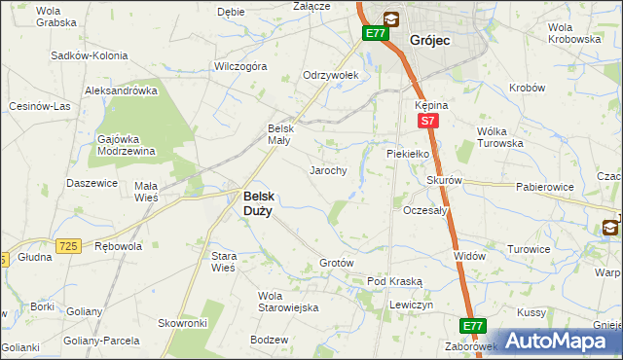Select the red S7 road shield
(426, 122)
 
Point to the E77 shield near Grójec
(376, 34)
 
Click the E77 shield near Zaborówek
(473, 326)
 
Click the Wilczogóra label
(240, 67)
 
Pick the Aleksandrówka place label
(122, 90)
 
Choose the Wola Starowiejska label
(287, 302)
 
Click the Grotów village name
(336, 264)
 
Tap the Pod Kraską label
(394, 281)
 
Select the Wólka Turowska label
(499, 137)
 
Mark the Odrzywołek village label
(331, 75)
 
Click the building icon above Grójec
(390, 18)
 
